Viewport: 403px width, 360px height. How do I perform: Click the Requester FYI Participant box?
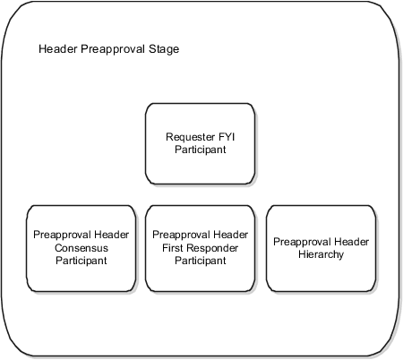pyautogui.click(x=201, y=143)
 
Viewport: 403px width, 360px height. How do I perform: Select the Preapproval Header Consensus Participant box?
pyautogui.click(x=80, y=248)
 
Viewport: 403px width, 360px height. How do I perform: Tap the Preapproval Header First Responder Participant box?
pyautogui.click(x=201, y=248)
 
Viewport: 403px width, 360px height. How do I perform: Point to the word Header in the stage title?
pyautogui.click(x=56, y=48)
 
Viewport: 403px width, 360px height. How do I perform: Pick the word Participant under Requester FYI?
pyautogui.click(x=201, y=150)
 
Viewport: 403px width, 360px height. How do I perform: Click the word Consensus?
pyautogui.click(x=80, y=248)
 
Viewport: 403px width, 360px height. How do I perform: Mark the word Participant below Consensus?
pyautogui.click(x=80, y=261)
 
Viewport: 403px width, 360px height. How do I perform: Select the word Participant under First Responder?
pyautogui.click(x=201, y=261)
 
